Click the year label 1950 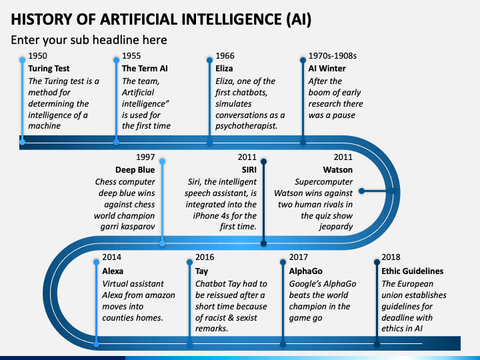tap(37, 56)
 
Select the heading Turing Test tap(49, 68)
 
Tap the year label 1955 tap(131, 56)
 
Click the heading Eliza tap(224, 68)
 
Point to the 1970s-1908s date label tap(333, 56)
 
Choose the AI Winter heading tap(327, 68)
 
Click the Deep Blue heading tap(135, 169)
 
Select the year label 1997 tap(145, 157)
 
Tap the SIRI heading tap(249, 169)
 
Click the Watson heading tap(338, 169)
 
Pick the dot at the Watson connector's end tap(361, 191)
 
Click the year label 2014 tap(112, 257)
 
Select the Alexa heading tap(113, 271)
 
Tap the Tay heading tap(201, 271)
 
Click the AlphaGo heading tap(306, 271)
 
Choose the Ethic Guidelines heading tap(413, 271)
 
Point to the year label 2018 tap(391, 257)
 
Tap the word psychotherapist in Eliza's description tap(247, 126)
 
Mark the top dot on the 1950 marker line tap(23, 60)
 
